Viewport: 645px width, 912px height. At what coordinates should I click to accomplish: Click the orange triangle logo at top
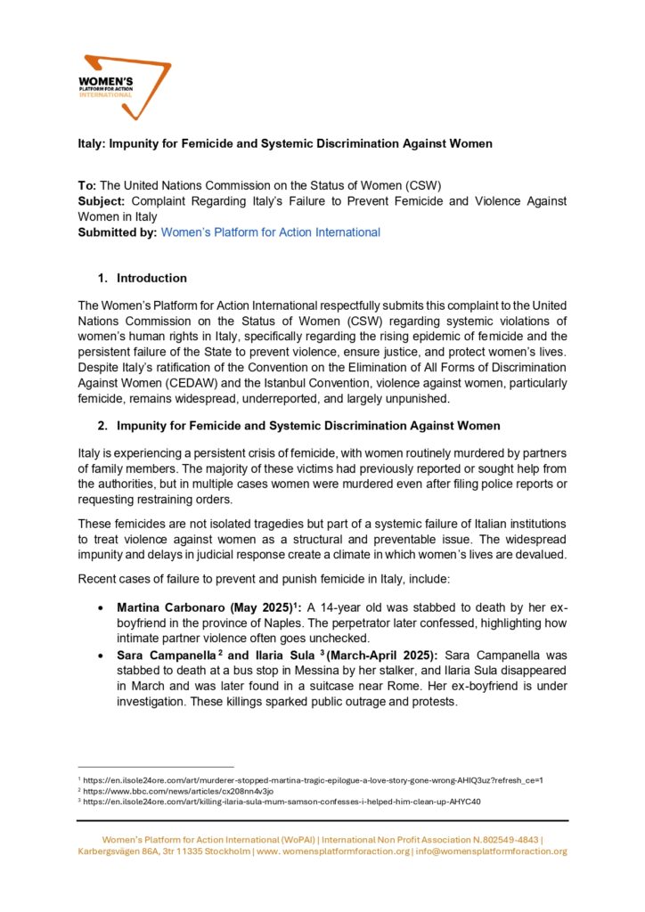pyautogui.click(x=124, y=85)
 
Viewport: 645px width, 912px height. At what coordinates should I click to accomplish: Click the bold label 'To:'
pyautogui.click(x=88, y=186)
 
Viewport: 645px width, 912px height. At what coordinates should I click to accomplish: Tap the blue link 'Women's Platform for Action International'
pyautogui.click(x=271, y=232)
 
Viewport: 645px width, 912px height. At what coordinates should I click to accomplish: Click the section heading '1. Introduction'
pyautogui.click(x=151, y=278)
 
